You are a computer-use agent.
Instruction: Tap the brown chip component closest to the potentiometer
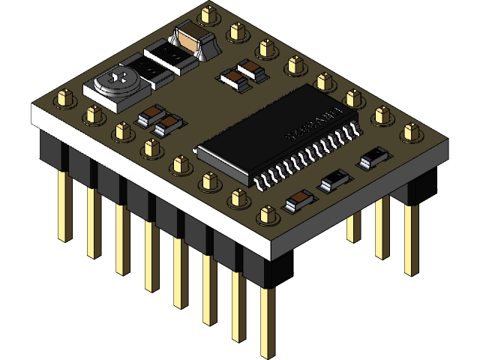tap(151, 115)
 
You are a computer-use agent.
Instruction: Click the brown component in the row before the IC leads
tap(298, 200)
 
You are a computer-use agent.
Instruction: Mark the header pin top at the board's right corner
tap(409, 132)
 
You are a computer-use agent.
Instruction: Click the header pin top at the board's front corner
tap(266, 216)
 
